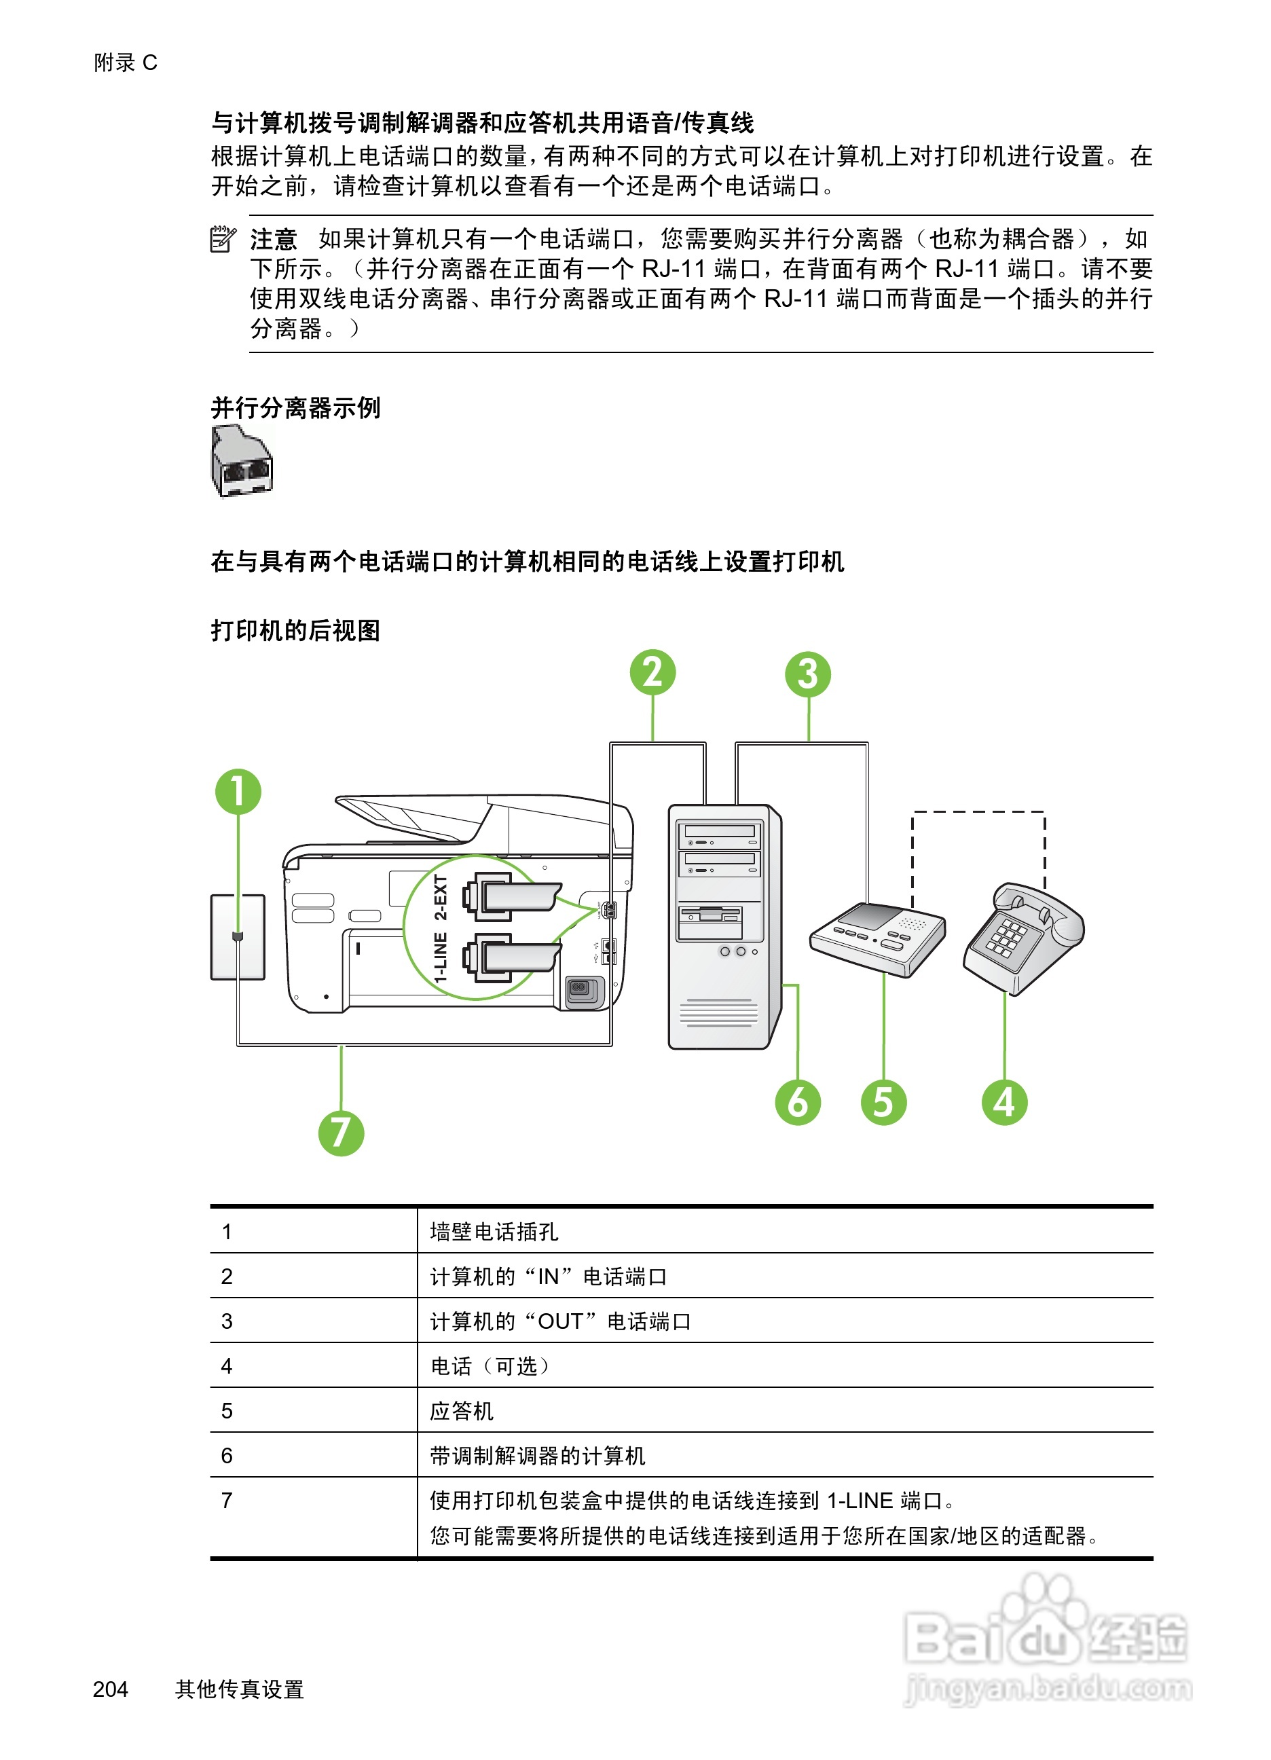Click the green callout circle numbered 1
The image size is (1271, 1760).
coord(238,792)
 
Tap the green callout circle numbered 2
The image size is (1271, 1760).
coord(652,672)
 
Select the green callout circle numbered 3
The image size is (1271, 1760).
coord(808,674)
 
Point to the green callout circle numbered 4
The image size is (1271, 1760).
coord(1004,1103)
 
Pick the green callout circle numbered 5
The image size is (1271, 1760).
coord(883,1103)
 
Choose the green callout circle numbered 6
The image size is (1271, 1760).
coord(798,1103)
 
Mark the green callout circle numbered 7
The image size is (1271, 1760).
coord(341,1133)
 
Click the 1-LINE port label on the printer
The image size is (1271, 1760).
coord(441,957)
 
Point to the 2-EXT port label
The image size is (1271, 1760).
coord(441,897)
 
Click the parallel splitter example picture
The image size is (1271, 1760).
coord(242,461)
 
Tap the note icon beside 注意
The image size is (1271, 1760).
coord(223,239)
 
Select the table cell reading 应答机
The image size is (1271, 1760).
coord(462,1411)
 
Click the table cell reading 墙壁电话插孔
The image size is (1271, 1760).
coord(494,1232)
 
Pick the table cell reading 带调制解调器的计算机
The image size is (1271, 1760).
coord(537,1456)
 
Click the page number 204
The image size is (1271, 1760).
coord(110,1689)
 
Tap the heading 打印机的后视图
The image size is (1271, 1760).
coord(295,630)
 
